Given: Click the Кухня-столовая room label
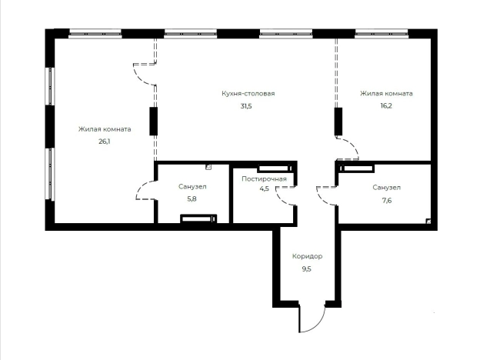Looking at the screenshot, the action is pyautogui.click(x=248, y=94).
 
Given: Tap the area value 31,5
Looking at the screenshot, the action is pyautogui.click(x=246, y=106).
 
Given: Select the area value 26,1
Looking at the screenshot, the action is pyautogui.click(x=105, y=142).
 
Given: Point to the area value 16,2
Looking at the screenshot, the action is pyautogui.click(x=386, y=106).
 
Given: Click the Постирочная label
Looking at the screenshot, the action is pyautogui.click(x=264, y=179).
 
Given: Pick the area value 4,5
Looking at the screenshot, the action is pyautogui.click(x=264, y=188).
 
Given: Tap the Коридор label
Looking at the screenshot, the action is pyautogui.click(x=307, y=256).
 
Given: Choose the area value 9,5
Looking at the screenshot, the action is pyautogui.click(x=307, y=269).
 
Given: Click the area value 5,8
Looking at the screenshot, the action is pyautogui.click(x=192, y=199).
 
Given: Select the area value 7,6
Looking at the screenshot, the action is pyautogui.click(x=387, y=201).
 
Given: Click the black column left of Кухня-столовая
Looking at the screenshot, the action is pyautogui.click(x=153, y=121).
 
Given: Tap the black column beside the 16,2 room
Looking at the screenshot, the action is pyautogui.click(x=338, y=121).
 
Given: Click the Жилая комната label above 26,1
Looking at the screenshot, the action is pyautogui.click(x=105, y=129).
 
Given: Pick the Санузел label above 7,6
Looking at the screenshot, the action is pyautogui.click(x=387, y=188).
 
